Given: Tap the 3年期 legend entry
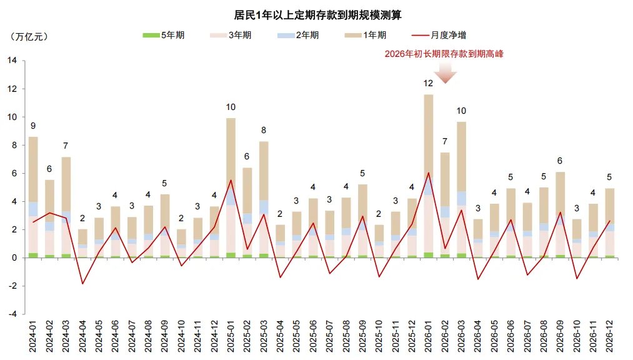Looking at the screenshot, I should (232, 36).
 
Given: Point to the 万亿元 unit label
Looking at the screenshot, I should (29, 36).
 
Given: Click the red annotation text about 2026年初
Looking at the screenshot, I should (445, 54).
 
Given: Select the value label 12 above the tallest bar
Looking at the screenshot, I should (428, 83).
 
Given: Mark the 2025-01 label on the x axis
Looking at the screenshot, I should (231, 338).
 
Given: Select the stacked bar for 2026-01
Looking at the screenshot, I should (428, 175).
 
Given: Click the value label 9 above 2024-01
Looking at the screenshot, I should (33, 126).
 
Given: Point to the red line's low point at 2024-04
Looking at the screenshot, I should (82, 284).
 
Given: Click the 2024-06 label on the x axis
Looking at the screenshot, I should (116, 338).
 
